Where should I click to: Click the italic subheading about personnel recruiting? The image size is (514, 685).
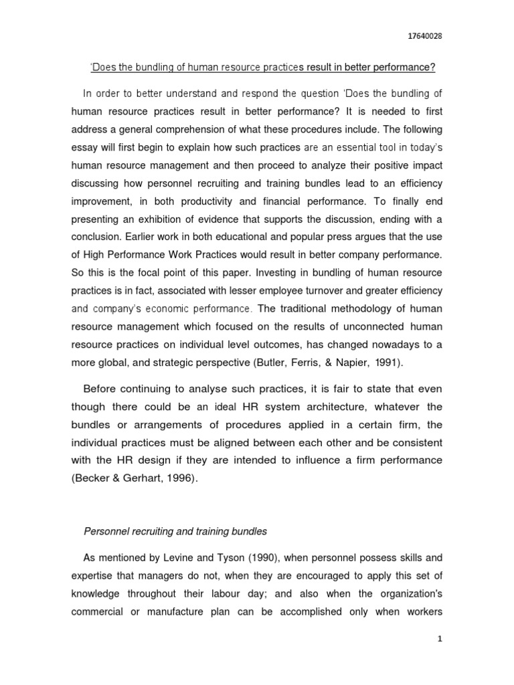(175, 532)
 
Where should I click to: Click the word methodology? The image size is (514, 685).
(351, 309)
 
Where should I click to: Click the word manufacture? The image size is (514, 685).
(167, 612)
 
